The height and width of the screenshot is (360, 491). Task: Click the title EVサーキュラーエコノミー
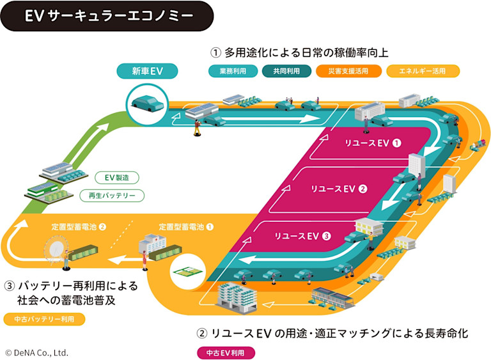coord(108,16)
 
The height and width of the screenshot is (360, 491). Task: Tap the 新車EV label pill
coord(147,70)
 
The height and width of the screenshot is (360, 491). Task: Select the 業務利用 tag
coord(233,71)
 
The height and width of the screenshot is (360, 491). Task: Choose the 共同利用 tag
coord(286,71)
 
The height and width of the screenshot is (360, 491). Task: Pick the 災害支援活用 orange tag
coord(348,71)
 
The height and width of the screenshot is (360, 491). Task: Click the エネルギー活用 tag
coord(423,71)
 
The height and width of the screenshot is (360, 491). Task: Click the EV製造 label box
coord(117,177)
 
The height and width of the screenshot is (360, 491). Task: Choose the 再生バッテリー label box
coord(112,196)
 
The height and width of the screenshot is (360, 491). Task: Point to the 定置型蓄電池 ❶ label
coord(186,226)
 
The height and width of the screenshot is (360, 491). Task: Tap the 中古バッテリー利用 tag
coord(44,319)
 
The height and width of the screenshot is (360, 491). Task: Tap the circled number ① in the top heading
coord(215,52)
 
